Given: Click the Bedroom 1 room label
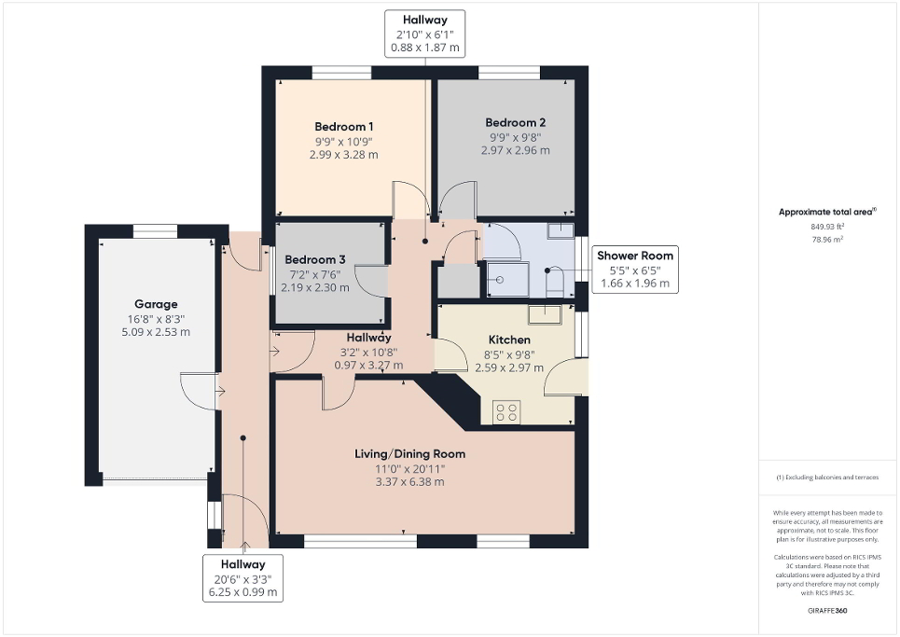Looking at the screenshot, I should tap(343, 127).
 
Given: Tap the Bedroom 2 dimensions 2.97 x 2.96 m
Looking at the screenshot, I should tap(515, 150).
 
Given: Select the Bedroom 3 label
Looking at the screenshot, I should tap(315, 259).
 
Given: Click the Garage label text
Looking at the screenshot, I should tap(156, 304).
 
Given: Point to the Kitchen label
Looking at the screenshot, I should tap(509, 340).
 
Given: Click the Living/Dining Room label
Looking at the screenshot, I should tap(409, 454).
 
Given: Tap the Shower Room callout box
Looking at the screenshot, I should tap(634, 269).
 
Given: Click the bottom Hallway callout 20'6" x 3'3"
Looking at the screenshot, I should tap(242, 577).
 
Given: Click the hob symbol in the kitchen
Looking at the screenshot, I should tap(506, 411).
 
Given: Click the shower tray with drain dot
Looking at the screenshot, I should tap(505, 279).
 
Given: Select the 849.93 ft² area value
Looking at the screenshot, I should tap(828, 226).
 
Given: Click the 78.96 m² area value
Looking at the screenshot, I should tap(828, 238).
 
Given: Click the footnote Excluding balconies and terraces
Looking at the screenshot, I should tap(827, 478).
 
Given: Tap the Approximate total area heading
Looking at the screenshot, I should tap(827, 212).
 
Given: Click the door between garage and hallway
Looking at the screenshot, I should tap(201, 390).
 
